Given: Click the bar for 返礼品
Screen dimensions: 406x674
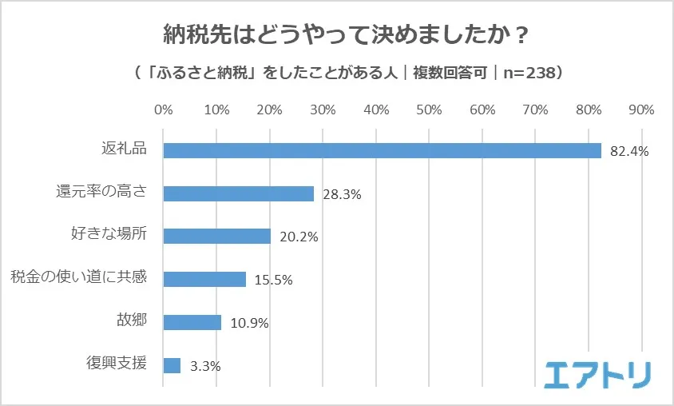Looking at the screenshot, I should (x=382, y=150).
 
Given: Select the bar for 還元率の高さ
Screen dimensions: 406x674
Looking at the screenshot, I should (x=239, y=193).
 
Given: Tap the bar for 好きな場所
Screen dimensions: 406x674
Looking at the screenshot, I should (x=217, y=236).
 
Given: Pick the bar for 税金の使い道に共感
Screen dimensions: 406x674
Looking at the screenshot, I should (x=204, y=279).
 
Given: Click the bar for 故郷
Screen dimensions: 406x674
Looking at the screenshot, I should (x=192, y=322).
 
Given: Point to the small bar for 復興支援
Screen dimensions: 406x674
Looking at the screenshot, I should (x=172, y=365).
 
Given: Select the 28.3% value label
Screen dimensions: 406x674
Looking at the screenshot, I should (x=343, y=194).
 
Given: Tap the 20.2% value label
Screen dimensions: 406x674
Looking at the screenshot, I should (x=299, y=237).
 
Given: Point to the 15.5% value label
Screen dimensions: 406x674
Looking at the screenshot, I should (x=274, y=280).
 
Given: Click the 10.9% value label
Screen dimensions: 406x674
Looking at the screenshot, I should (x=249, y=323).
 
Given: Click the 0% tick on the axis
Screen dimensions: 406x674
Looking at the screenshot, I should (x=163, y=109).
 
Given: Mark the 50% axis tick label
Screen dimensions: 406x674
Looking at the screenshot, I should (x=429, y=109).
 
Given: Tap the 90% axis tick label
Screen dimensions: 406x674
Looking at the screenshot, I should (x=641, y=109).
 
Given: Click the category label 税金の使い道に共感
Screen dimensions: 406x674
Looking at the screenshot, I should (x=78, y=279).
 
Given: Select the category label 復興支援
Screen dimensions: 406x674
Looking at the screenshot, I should (x=117, y=364).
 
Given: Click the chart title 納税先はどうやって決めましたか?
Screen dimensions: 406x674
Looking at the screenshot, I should (x=336, y=35).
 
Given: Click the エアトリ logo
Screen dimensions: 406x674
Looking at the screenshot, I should (x=598, y=374).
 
